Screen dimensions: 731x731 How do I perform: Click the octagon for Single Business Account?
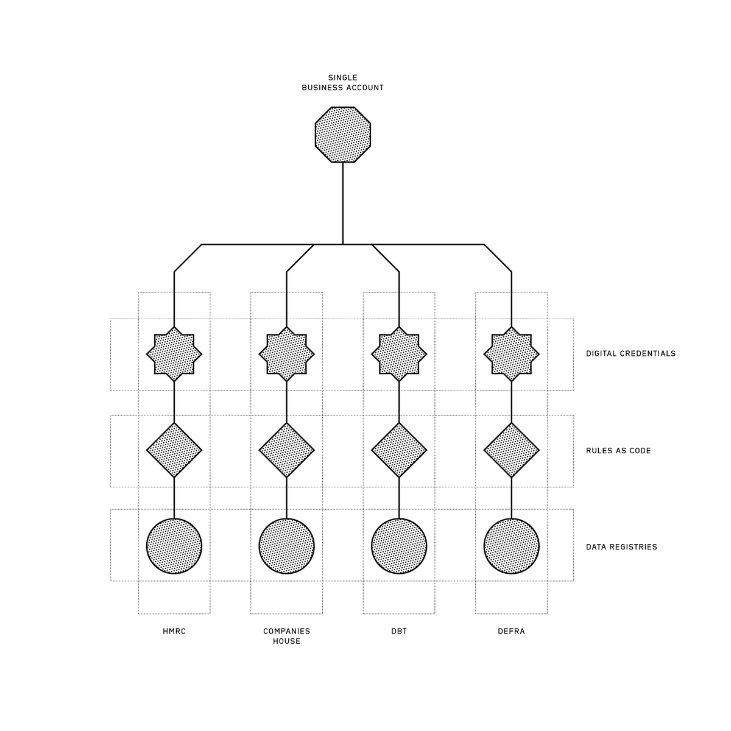[x=343, y=135]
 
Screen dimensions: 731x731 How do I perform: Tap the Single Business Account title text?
[x=343, y=83]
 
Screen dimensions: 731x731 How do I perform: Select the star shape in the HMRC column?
[x=174, y=354]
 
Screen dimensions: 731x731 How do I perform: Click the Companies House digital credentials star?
[x=286, y=354]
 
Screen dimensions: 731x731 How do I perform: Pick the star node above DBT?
[x=399, y=354]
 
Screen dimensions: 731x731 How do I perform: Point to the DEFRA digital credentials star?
[x=511, y=354]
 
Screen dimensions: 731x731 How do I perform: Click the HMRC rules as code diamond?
[x=174, y=450]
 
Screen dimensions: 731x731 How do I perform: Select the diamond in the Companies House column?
[x=286, y=450]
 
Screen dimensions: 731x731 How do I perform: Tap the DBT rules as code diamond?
[x=399, y=450]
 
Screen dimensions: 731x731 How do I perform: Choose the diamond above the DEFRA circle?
[x=511, y=450]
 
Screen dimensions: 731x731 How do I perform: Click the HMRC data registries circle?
[x=174, y=546]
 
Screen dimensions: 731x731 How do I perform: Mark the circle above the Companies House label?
[x=286, y=546]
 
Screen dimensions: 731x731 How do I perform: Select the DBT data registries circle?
[x=399, y=546]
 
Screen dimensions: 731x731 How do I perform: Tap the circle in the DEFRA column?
[x=511, y=546]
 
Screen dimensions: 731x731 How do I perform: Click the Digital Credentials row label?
[x=630, y=354]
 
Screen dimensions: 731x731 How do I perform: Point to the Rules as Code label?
[x=618, y=451]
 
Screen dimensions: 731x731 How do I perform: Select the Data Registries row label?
[x=621, y=547]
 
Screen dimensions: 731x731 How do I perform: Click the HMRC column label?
[x=174, y=632]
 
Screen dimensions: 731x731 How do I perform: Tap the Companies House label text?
[x=286, y=637]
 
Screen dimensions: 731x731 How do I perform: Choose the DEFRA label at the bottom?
[x=511, y=632]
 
